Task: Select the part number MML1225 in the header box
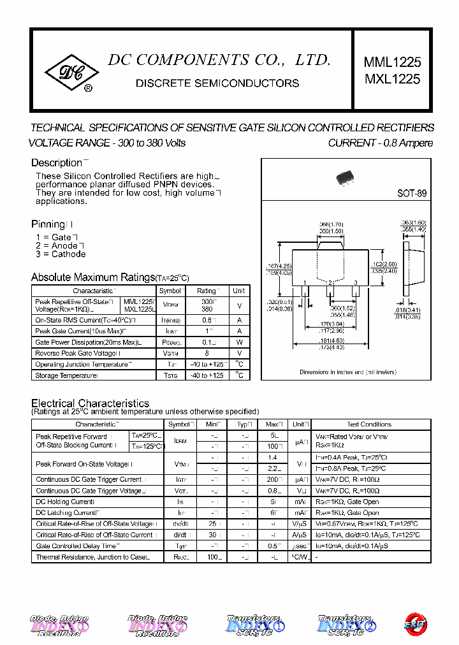[392, 62]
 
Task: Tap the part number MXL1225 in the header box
[392, 79]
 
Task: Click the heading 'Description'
[57, 163]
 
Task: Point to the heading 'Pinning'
[48, 224]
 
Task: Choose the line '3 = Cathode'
[61, 254]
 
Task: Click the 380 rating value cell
[207, 309]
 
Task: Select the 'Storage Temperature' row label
[66, 375]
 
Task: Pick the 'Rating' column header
[207, 291]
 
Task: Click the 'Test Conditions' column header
[369, 424]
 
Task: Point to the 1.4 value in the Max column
[273, 458]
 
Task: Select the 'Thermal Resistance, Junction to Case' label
[92, 557]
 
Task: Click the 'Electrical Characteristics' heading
[90, 403]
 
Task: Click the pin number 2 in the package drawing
[330, 282]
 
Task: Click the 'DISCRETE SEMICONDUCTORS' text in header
[218, 83]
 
